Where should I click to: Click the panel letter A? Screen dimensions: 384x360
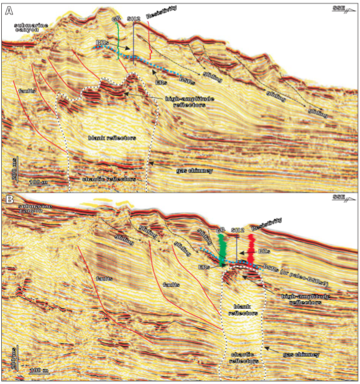tap(9, 9)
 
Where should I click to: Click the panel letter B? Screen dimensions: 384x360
tap(9, 200)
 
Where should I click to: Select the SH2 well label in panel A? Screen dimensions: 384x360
tap(133, 20)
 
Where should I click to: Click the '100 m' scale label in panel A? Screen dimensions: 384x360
tap(38, 182)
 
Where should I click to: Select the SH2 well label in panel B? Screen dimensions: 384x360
tap(237, 230)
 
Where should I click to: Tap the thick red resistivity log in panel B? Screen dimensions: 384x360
tap(251, 249)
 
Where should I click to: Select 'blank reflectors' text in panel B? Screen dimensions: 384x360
tap(241, 311)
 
